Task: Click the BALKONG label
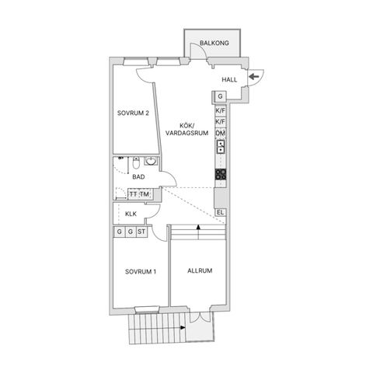click(214, 43)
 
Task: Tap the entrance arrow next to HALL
click(254, 76)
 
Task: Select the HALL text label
click(229, 80)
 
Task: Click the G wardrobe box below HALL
click(220, 96)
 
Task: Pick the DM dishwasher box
click(221, 134)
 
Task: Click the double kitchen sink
click(221, 147)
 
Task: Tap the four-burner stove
click(221, 174)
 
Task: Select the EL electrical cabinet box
click(220, 213)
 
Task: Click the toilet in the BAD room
click(136, 162)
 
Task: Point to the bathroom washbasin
click(151, 161)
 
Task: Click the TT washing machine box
click(134, 194)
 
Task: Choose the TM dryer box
click(145, 194)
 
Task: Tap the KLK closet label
click(131, 214)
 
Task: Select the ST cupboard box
click(141, 232)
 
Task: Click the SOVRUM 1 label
click(141, 272)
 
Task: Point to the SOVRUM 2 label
click(133, 113)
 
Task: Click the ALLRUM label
click(200, 270)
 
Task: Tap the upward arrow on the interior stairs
click(198, 232)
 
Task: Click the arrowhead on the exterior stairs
click(183, 328)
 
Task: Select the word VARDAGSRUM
click(187, 133)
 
